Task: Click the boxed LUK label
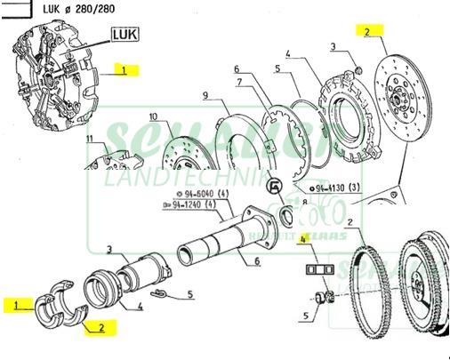pyautogui.click(x=125, y=35)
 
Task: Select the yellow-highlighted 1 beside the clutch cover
pyautogui.click(x=125, y=69)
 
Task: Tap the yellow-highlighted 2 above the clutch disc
pyautogui.click(x=365, y=31)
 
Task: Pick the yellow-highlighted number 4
pyautogui.click(x=302, y=239)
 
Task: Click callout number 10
pyautogui.click(x=152, y=116)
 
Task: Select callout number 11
pyautogui.click(x=89, y=140)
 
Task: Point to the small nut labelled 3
pyautogui.click(x=356, y=69)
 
